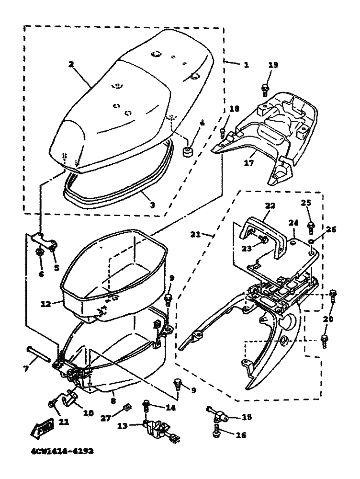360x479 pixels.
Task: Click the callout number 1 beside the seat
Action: [246, 64]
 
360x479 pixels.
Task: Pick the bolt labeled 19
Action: [264, 88]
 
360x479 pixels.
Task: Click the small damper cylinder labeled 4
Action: [187, 151]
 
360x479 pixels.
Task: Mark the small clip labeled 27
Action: [126, 408]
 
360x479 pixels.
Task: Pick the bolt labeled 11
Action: [51, 406]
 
